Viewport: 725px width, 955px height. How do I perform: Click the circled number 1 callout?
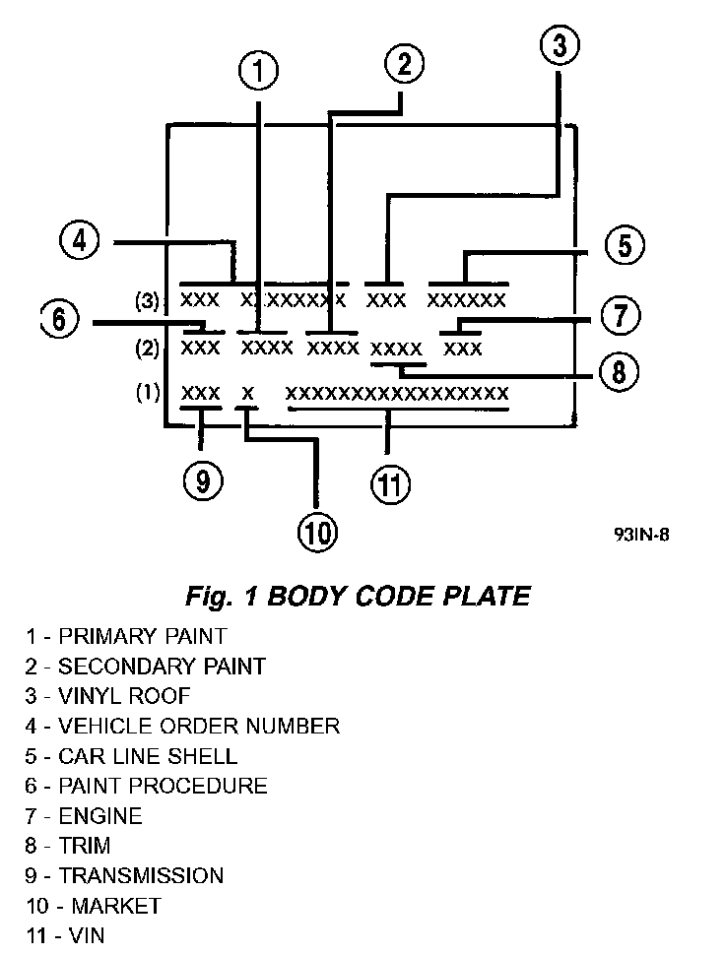click(259, 72)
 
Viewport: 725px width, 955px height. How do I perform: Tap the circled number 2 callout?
click(403, 65)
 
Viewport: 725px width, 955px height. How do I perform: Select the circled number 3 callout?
click(559, 44)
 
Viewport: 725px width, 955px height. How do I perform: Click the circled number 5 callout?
click(624, 244)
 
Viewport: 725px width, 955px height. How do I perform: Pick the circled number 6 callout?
click(59, 319)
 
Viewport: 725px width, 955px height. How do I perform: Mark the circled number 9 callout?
click(202, 479)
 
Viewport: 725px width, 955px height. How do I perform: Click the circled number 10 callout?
click(317, 533)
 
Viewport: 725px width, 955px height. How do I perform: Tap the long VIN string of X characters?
click(397, 394)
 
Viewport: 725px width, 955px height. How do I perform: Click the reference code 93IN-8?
click(648, 536)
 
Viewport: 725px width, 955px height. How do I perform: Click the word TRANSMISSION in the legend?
click(141, 875)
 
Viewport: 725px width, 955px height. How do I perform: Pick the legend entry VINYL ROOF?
click(124, 696)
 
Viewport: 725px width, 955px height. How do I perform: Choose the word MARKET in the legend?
click(109, 905)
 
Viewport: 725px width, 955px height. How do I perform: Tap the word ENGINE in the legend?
click(99, 815)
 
